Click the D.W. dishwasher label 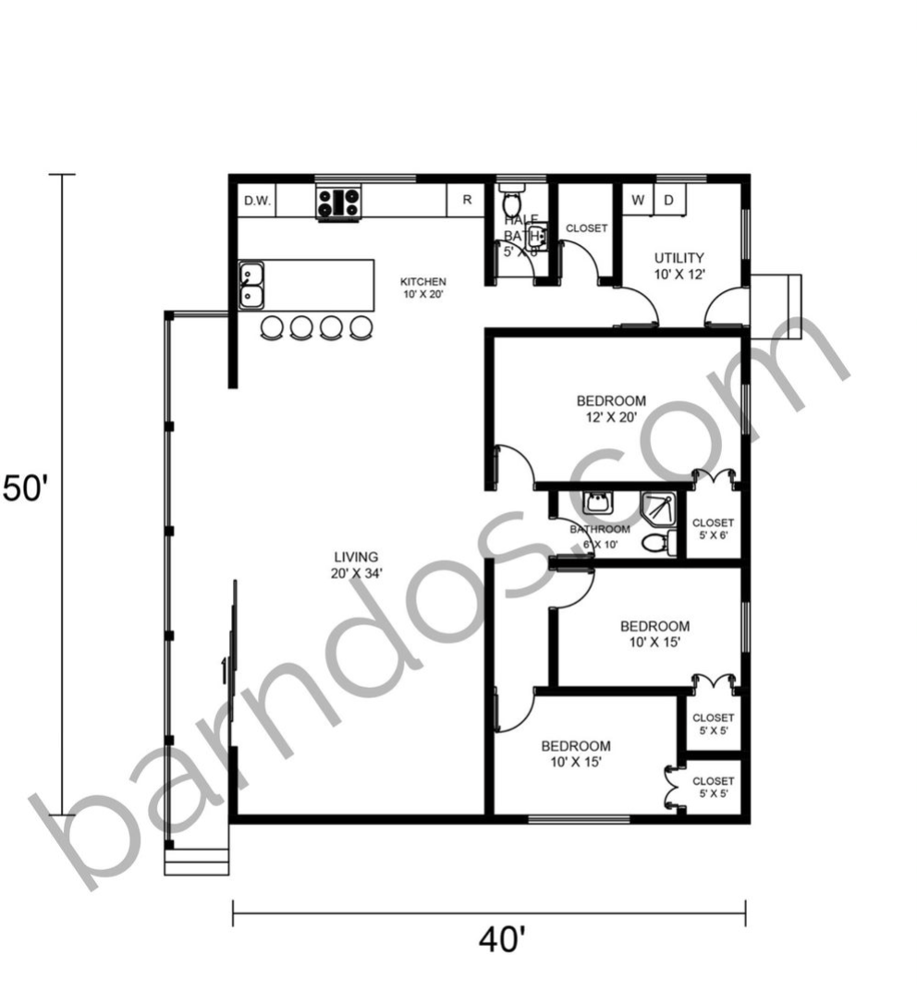click(257, 201)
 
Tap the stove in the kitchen click(338, 202)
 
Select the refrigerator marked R click(468, 200)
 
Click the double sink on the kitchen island click(251, 285)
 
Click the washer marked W click(638, 200)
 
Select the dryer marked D click(668, 200)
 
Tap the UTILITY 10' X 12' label click(679, 265)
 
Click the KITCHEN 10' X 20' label click(422, 288)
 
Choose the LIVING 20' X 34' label click(356, 564)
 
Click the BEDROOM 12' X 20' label click(611, 408)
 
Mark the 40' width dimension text click(502, 940)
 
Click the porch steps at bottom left click(196, 862)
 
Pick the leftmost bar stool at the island click(273, 327)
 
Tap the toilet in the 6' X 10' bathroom click(654, 543)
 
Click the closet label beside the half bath click(586, 228)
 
